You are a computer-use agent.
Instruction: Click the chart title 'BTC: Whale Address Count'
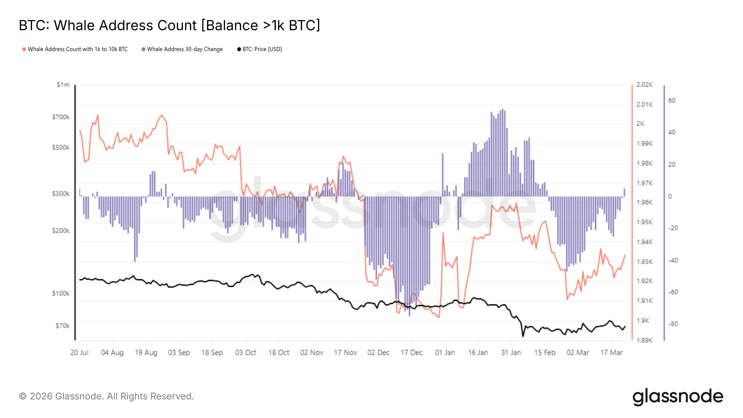[169, 25]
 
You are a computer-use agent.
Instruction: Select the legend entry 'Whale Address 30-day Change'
[185, 49]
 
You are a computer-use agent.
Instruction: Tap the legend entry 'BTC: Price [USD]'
[262, 49]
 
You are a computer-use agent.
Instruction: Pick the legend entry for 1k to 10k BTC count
[78, 49]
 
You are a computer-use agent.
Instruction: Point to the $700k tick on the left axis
[61, 117]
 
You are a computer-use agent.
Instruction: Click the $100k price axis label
[61, 293]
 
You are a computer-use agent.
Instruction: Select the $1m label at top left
[63, 85]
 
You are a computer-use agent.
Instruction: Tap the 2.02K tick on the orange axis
[644, 85]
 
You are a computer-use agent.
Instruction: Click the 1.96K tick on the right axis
[644, 202]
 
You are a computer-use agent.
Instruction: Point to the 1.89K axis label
[644, 340]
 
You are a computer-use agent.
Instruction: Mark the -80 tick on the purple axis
[673, 324]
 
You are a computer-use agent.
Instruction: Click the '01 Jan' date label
[445, 353]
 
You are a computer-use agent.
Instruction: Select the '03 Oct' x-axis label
[245, 353]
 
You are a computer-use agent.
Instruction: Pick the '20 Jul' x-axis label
[79, 353]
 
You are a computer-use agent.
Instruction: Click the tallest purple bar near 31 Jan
[502, 153]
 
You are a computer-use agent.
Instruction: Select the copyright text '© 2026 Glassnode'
[106, 396]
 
